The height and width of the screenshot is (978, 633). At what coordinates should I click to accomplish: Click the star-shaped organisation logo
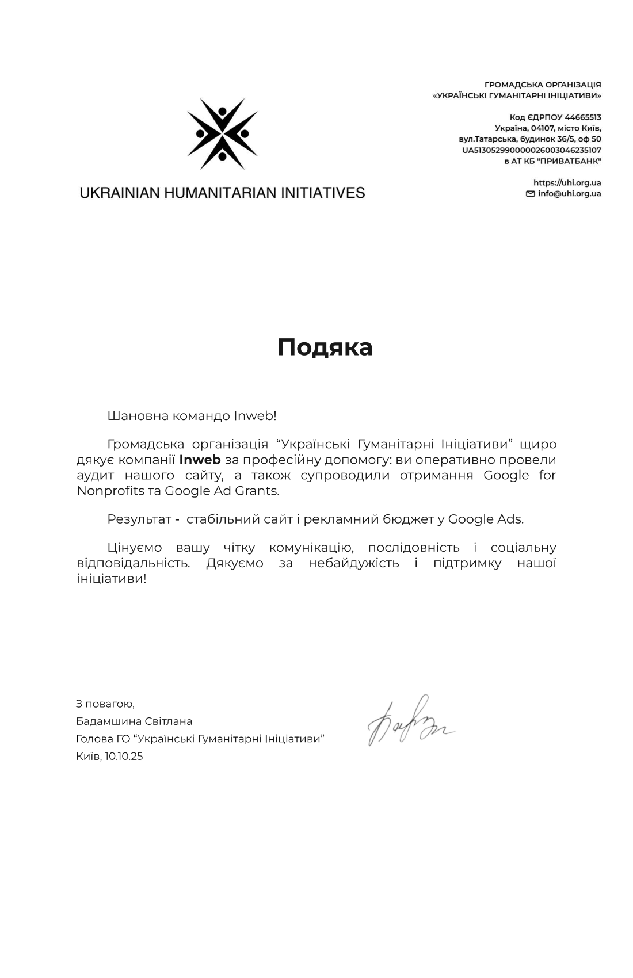222,134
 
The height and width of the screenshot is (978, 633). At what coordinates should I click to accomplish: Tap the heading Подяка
325,347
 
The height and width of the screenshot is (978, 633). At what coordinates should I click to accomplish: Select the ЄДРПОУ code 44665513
582,117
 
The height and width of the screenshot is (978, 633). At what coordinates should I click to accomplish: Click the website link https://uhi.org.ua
567,183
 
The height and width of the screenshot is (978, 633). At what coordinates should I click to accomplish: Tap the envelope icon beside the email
530,194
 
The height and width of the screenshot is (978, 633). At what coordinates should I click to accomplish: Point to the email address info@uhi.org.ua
569,194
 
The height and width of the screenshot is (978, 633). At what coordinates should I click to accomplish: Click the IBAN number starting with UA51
531,150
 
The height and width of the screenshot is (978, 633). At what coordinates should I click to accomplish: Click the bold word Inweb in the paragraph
200,460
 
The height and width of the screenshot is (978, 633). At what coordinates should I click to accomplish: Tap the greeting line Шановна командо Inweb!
192,416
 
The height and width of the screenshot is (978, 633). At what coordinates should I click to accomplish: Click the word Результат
139,519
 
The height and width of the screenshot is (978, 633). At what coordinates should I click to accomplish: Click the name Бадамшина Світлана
134,721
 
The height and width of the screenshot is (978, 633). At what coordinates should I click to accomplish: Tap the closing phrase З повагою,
105,704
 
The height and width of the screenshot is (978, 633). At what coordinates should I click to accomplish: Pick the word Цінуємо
135,548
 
